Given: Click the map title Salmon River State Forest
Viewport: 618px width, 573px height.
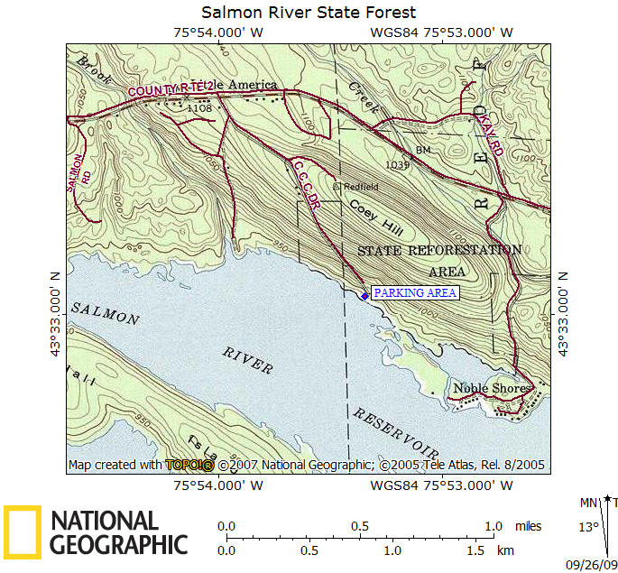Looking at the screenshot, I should click(x=309, y=12).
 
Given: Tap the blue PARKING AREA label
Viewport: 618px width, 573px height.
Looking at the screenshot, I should click(x=415, y=293).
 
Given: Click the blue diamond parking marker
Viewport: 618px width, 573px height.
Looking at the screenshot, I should click(x=364, y=295).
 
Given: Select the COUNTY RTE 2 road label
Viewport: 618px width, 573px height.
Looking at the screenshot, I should click(x=171, y=88).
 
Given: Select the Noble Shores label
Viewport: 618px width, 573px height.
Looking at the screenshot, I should click(x=490, y=388).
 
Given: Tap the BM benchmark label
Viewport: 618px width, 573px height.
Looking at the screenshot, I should click(x=423, y=149).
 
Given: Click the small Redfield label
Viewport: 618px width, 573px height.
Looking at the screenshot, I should click(x=360, y=186).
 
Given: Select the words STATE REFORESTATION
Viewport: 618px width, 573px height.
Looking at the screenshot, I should click(x=439, y=250).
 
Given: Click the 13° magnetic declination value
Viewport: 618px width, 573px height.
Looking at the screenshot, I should click(x=586, y=527).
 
